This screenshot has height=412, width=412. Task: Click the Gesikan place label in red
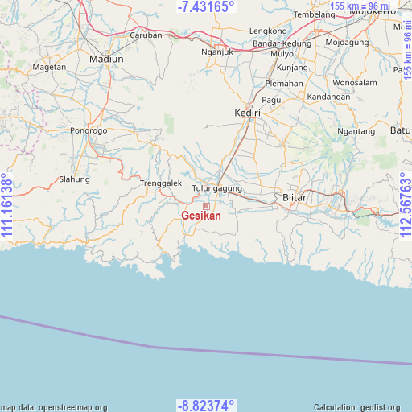pos(201,216)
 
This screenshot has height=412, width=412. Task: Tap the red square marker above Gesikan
pos(206,207)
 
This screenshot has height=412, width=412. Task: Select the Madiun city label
pos(107,59)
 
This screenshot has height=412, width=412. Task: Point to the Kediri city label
pos(247,113)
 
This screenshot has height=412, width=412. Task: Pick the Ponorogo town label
pos(89,130)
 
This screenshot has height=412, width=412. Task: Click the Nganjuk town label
pos(216,52)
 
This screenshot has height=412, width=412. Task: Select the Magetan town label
pos(50,67)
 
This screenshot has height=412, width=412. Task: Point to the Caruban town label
pos(146,35)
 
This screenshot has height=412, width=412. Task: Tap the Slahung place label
pos(75,179)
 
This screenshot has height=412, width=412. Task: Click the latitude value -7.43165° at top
pos(206,6)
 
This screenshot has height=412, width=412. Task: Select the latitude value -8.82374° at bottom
pos(206,405)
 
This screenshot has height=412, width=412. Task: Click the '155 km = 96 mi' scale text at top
pos(360,6)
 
